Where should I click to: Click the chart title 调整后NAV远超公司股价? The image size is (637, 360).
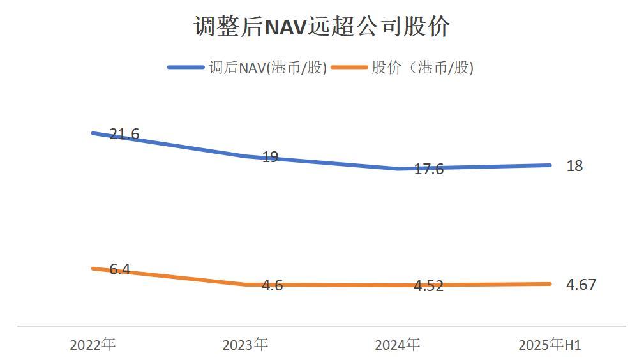coord(322,27)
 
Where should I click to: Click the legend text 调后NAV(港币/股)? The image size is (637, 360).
coord(267,68)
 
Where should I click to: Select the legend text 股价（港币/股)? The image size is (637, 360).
coord(423,68)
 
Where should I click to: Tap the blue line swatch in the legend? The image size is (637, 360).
coord(186,68)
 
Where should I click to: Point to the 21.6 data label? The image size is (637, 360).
coord(124,134)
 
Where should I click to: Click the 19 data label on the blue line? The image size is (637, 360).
coord(270,156)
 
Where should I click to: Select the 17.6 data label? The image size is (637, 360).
coord(428,170)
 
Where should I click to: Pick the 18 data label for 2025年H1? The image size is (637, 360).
coord(574,166)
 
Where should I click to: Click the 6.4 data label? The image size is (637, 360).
coord(119,269)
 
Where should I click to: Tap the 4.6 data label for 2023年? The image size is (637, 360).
coord(273,285)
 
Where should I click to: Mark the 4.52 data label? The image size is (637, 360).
coord(428,286)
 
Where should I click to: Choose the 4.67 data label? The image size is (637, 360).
coord(581,285)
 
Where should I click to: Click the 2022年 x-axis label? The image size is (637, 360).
coord(93,345)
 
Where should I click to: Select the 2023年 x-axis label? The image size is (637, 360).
coord(245,345)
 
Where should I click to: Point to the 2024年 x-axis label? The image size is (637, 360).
coord(397,345)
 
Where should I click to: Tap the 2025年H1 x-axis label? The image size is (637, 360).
coord(550,345)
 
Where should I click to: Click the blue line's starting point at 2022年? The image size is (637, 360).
coord(93,133)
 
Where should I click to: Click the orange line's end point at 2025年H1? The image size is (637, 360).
coord(550,284)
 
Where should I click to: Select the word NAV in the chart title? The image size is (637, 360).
coord(285,27)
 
